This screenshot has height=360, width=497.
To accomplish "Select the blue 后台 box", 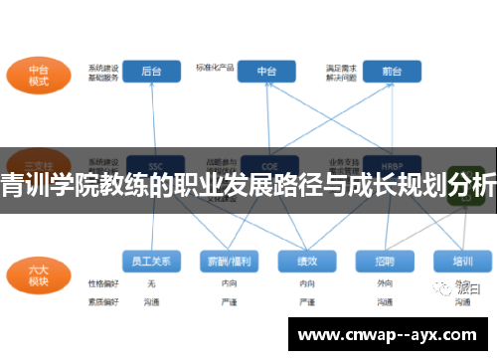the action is [x=151, y=72].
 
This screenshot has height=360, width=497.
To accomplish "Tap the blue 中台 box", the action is [x=266, y=72].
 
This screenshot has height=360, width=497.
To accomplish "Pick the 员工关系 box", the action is [x=151, y=261].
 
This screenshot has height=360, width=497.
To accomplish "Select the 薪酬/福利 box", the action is [x=228, y=261].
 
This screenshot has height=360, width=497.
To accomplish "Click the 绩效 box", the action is [x=306, y=261].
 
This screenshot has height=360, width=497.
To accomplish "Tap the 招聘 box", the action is [x=385, y=261].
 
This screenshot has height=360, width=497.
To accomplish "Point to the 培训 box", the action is [x=462, y=261].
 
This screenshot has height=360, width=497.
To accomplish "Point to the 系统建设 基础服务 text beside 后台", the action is [x=104, y=72].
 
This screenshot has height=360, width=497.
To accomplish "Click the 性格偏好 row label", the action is [x=102, y=283].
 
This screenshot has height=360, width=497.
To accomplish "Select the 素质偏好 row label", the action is [x=102, y=299].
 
